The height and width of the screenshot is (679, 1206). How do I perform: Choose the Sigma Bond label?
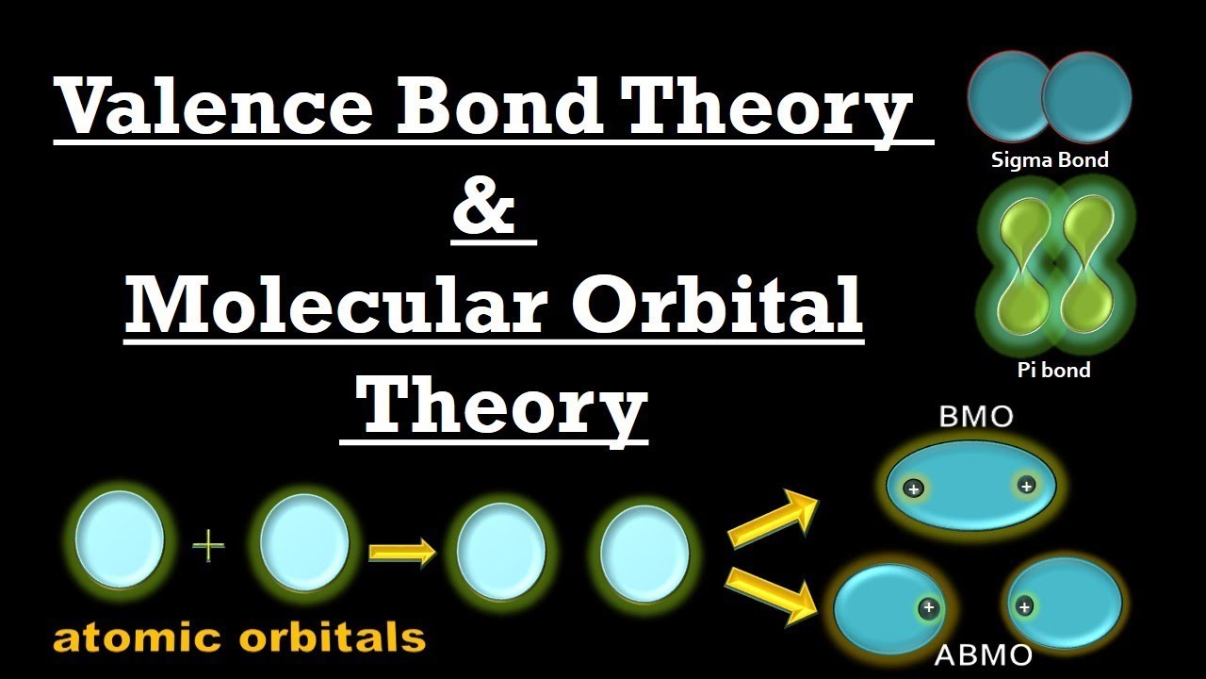(x=1050, y=160)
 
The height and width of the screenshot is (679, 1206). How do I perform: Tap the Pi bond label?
(x=1053, y=370)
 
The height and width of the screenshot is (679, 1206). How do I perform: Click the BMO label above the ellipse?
(x=975, y=416)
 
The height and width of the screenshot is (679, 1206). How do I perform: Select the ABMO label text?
(x=983, y=654)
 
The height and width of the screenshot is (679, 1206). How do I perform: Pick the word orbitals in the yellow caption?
(x=333, y=638)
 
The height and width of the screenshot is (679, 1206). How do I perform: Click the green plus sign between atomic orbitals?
(x=209, y=546)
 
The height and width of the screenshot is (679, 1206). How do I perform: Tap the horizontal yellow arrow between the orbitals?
(x=401, y=552)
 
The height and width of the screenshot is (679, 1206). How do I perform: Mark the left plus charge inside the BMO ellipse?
(x=913, y=489)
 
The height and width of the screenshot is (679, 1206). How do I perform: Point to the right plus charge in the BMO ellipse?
(x=1026, y=486)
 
